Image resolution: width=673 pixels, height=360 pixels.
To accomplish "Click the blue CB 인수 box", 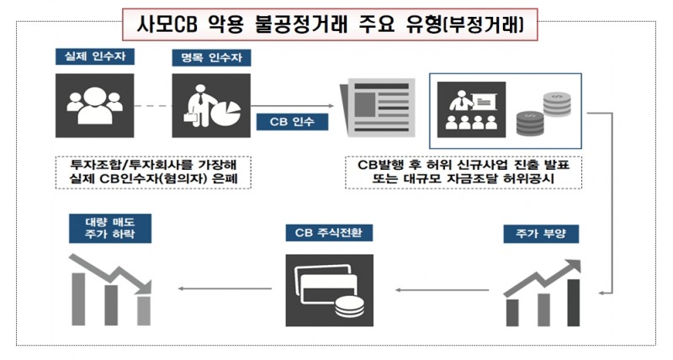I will pyautogui.click(x=292, y=120).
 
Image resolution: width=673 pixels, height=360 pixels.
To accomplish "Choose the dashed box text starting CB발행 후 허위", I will pyautogui.click(x=463, y=172).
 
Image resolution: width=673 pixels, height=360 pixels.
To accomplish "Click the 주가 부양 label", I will pyautogui.click(x=538, y=231).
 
